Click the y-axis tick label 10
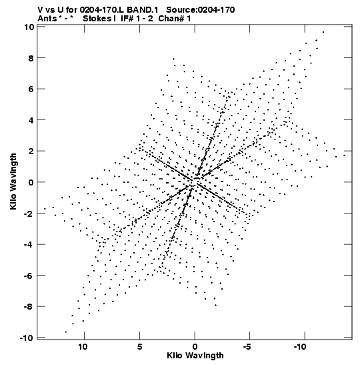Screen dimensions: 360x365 (29, 27)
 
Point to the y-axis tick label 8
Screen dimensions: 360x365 (31, 58)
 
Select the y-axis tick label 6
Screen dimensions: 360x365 (31, 89)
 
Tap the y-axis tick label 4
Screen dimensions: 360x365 (31, 120)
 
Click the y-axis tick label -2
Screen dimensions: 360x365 (29, 214)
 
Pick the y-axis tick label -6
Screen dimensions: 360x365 (29, 276)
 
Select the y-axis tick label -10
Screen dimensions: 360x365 (27, 338)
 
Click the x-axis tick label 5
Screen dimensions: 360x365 (139, 347)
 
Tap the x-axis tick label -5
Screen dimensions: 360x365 (247, 347)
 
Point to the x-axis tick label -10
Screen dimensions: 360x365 (300, 347)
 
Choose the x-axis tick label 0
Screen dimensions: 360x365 (195, 347)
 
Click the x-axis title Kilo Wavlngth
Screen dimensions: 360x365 (195, 356)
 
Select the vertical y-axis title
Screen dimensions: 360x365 (14, 181)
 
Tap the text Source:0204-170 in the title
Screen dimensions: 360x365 (201, 10)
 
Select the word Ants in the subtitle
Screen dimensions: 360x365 (47, 19)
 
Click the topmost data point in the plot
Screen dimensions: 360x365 (323, 32)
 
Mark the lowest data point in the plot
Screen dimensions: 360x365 (66, 332)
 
